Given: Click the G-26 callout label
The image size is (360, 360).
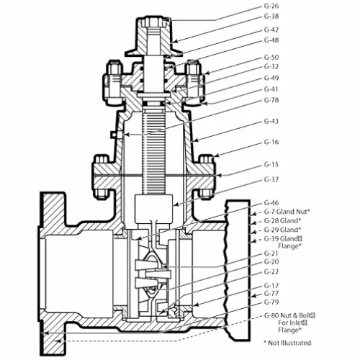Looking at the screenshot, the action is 271,6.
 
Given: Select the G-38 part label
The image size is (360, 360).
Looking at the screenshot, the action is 271,17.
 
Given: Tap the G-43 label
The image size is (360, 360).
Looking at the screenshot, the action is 271,122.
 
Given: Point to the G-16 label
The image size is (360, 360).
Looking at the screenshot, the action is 271,142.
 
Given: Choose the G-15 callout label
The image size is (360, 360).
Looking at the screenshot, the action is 271,165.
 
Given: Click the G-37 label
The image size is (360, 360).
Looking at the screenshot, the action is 271,179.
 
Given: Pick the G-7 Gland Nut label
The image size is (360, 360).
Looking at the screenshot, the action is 287,212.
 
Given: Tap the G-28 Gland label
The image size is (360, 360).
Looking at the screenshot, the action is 282,220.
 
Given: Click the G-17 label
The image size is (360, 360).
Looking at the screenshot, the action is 271,286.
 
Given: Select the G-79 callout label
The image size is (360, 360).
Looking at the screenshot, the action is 271,302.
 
